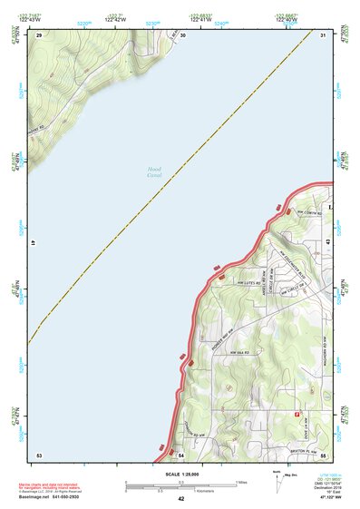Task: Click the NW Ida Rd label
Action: point(238,351)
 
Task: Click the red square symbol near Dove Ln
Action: point(297,414)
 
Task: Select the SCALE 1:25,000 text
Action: point(180,475)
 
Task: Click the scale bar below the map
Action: point(181,485)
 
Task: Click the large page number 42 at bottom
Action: point(180,499)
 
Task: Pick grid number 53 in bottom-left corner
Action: point(38,454)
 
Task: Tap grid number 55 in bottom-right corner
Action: point(323,454)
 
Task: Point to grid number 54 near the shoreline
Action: point(180,454)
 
